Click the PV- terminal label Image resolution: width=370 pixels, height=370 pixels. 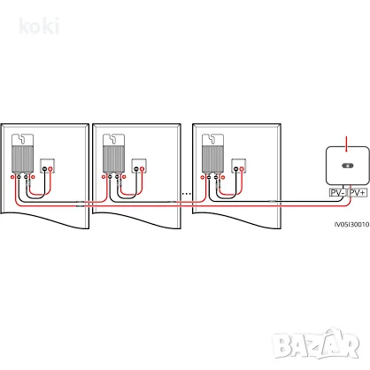point(337,193)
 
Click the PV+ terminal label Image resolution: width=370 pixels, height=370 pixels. point(358,193)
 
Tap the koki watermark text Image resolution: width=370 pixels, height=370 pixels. point(39,26)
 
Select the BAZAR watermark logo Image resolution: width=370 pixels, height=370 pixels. point(316,343)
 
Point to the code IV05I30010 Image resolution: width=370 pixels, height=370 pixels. point(351,224)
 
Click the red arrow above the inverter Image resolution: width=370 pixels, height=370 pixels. point(347,144)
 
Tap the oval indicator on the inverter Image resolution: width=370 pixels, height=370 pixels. point(347,166)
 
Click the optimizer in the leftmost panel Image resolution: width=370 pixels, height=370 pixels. point(22,153)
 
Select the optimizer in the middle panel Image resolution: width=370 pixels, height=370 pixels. point(113,153)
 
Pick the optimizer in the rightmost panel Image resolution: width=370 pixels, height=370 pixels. point(212,153)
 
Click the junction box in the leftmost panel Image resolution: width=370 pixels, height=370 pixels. point(47,166)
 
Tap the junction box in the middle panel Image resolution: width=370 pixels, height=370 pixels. point(139,166)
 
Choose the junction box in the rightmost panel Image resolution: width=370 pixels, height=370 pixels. point(239,166)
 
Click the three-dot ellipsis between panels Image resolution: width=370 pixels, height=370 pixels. point(187,194)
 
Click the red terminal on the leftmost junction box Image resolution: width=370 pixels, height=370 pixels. point(50,169)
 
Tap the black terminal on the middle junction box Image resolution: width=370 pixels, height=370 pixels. point(136,169)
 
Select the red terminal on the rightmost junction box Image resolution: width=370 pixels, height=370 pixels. point(242,169)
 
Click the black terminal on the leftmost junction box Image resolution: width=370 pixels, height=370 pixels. point(44,169)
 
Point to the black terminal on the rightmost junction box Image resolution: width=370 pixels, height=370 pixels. point(235,169)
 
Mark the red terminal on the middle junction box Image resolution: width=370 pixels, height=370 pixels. point(143,169)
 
